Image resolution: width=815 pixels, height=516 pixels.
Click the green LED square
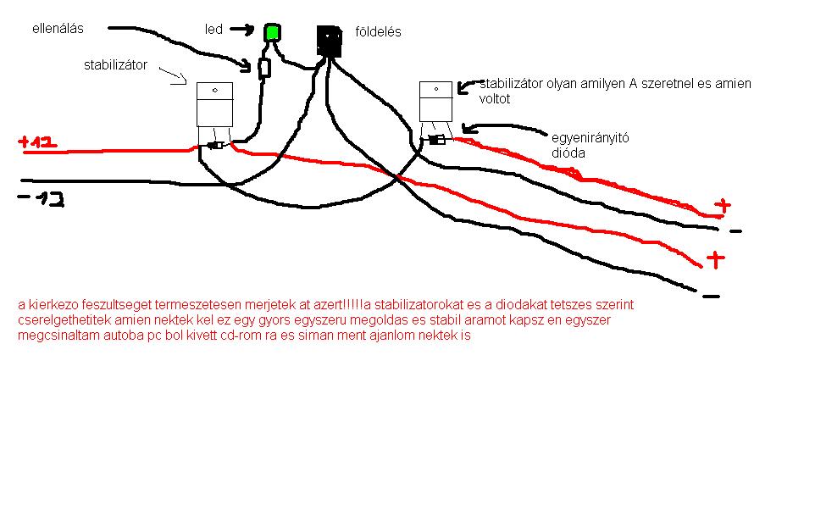272,33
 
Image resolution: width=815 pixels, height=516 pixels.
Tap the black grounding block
329,41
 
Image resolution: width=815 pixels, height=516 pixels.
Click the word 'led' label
213,30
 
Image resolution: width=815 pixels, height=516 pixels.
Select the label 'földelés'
379,32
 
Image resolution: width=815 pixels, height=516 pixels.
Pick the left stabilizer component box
214,105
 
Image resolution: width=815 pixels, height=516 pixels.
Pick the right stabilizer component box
435,102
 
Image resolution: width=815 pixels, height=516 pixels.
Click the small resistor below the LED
264,68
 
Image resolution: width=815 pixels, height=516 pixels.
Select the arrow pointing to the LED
241,31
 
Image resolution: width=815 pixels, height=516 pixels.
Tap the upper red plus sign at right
722,205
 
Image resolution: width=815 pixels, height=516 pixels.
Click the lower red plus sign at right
716,258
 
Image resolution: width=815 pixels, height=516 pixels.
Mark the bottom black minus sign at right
711,296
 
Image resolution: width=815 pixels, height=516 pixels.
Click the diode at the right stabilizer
437,140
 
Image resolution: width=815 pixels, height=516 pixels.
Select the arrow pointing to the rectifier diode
500,130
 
